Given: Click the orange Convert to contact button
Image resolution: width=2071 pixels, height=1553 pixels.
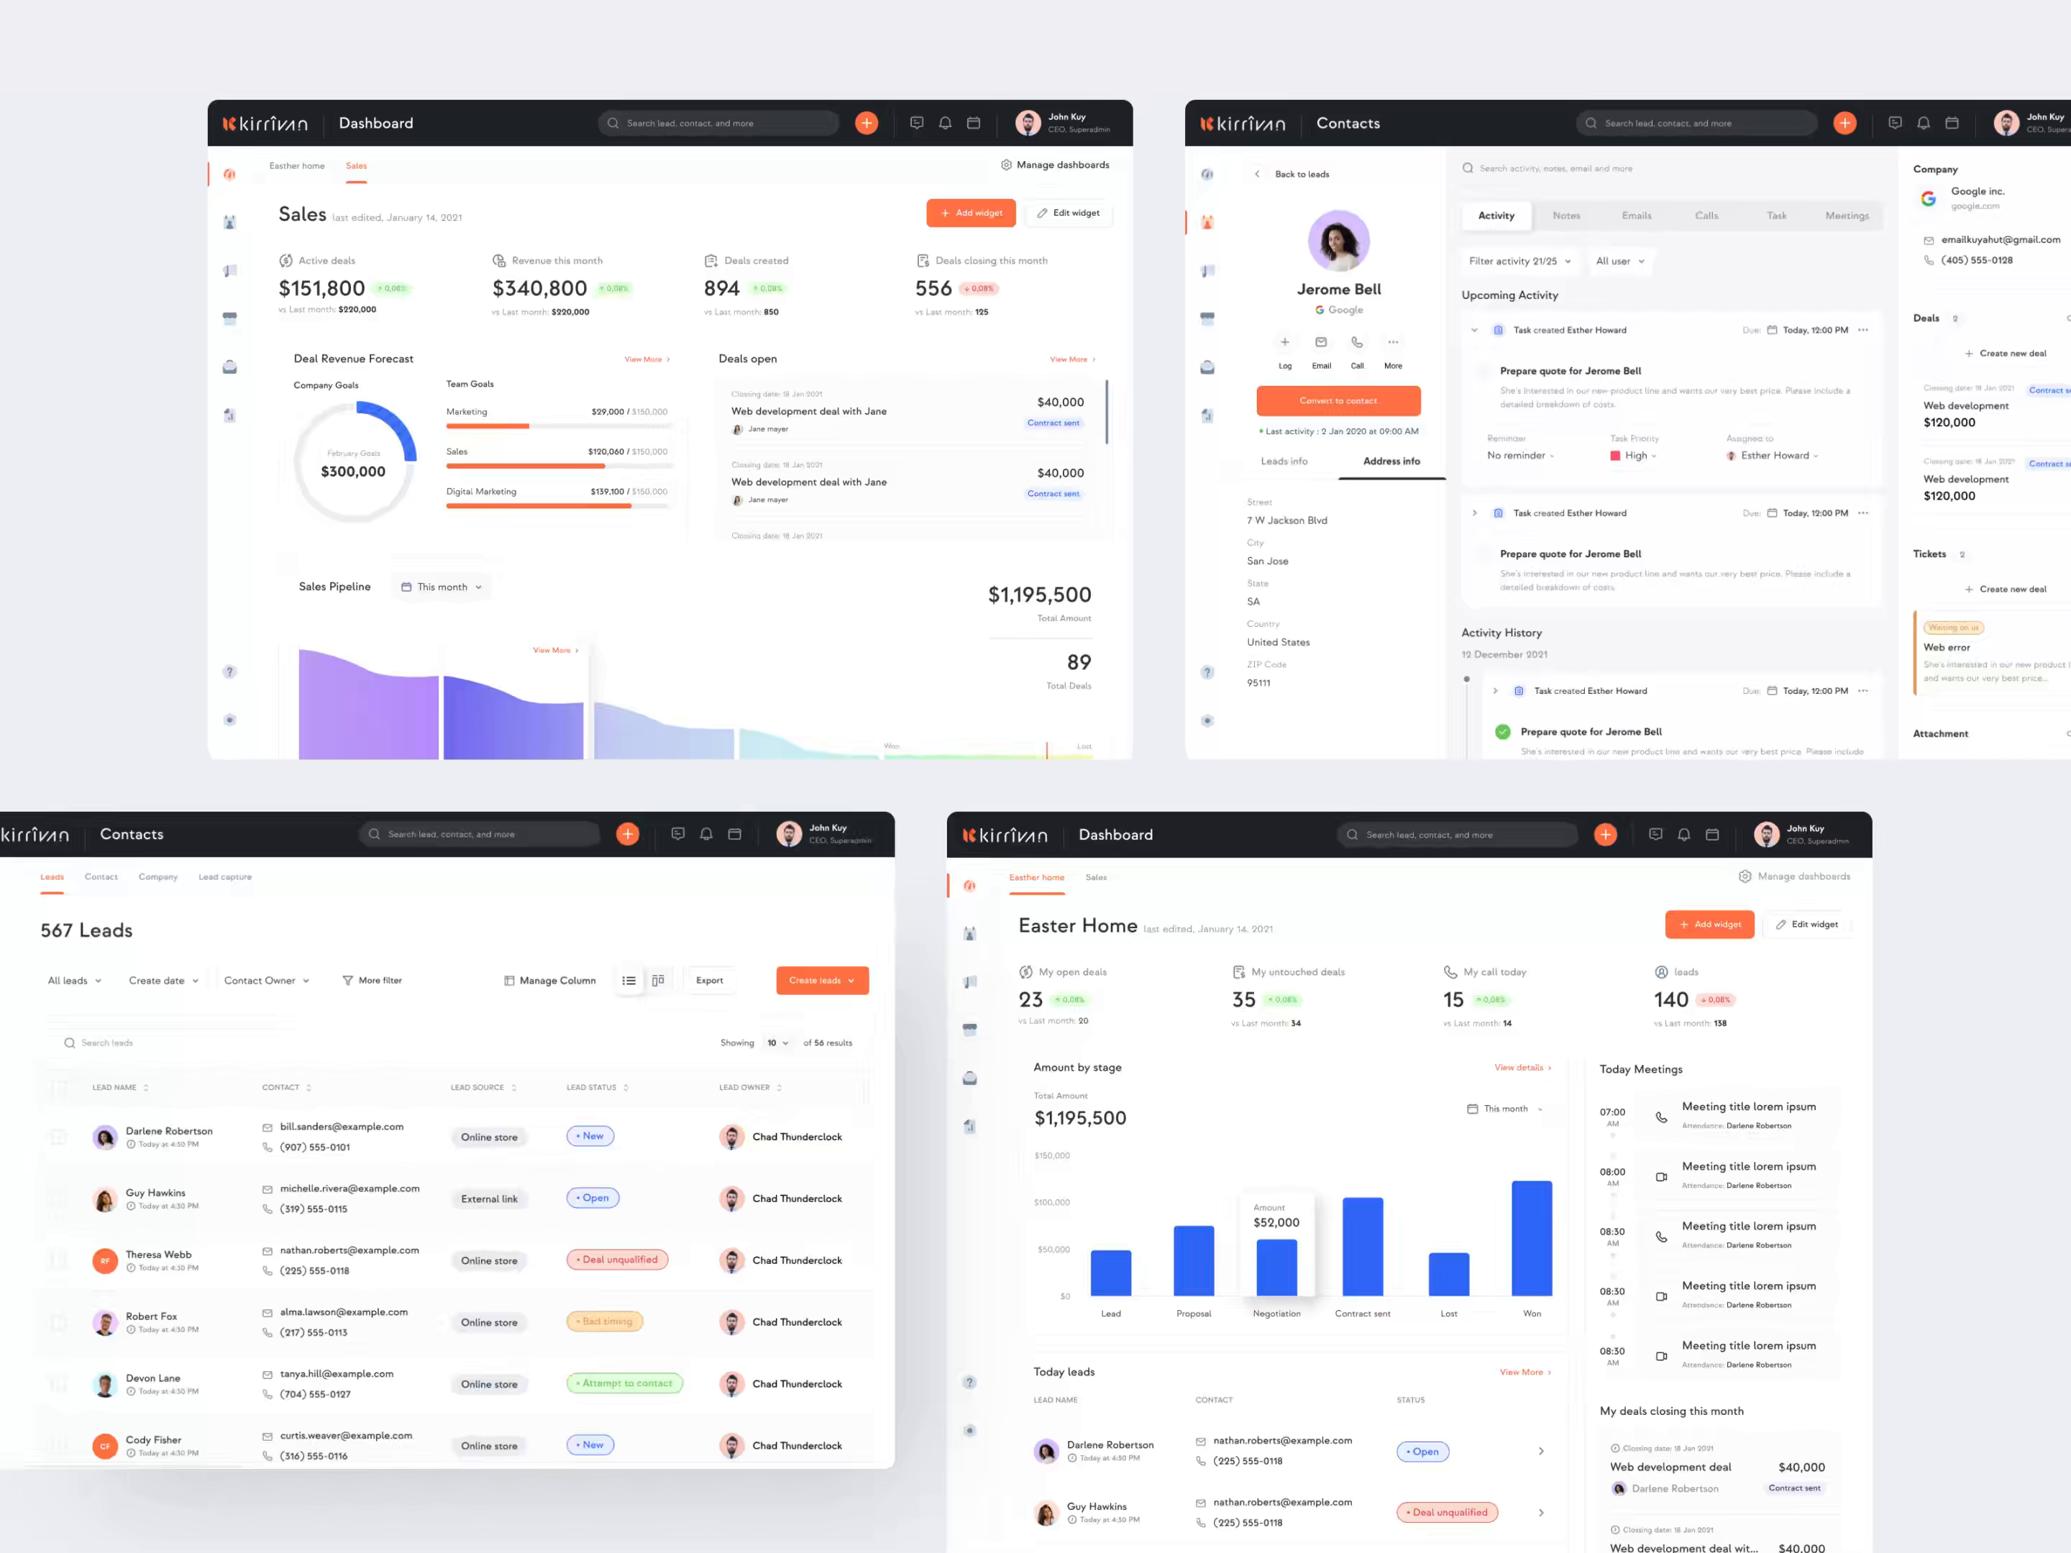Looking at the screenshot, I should [1338, 400].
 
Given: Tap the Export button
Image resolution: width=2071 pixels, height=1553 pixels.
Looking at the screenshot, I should [709, 980].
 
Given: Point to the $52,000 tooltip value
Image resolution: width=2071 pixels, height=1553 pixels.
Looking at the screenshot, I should [1276, 1222].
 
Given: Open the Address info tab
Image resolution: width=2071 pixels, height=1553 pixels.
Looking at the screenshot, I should [1391, 462].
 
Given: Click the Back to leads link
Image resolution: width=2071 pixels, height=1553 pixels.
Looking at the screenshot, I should [1302, 174].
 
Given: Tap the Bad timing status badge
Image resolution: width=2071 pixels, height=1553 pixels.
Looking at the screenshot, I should [605, 1321].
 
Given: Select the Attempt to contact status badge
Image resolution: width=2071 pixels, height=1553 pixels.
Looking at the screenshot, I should [624, 1383].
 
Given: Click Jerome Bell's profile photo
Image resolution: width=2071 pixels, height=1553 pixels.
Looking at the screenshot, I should [1338, 242].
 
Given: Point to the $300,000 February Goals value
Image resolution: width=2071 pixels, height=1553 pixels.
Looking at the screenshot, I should [353, 472].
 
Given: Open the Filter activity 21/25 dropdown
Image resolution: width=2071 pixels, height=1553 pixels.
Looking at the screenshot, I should [1519, 261].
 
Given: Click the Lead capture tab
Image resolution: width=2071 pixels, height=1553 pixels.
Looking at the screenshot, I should [224, 877].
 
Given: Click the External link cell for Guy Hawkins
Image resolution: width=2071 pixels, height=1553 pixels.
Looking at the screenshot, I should [489, 1199].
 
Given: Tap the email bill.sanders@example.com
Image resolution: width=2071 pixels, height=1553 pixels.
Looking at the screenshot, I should [342, 1127].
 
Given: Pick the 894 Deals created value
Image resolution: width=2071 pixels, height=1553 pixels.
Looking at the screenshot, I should [721, 288].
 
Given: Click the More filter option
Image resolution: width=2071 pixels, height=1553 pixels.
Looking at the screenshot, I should [372, 981].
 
